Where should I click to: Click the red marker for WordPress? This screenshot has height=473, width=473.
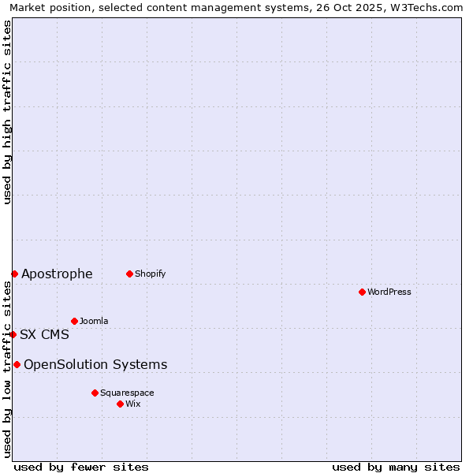[x=362, y=292]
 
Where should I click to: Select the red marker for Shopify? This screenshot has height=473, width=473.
[x=129, y=274]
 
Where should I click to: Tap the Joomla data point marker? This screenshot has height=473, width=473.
[x=74, y=321]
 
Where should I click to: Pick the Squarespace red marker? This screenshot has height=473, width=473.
[x=95, y=393]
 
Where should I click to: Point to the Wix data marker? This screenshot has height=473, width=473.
[x=120, y=404]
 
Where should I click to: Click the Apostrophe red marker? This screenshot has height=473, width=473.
[x=14, y=274]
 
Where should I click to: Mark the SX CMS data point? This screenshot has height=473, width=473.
[x=13, y=334]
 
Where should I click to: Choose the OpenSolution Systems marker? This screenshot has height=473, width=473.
[x=17, y=364]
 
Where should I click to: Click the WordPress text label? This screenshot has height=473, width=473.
[x=389, y=292]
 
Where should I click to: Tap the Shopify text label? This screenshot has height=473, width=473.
[x=150, y=274]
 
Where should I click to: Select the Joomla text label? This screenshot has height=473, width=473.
[x=94, y=321]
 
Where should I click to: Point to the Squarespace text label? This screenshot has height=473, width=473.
[x=127, y=393]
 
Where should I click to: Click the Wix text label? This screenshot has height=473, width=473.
[x=133, y=404]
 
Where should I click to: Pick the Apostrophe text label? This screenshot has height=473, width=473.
[x=57, y=274]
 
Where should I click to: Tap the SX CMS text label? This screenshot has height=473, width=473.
[x=44, y=334]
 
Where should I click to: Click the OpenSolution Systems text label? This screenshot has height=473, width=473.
[x=95, y=364]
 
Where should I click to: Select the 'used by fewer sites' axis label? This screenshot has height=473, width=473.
[x=81, y=467]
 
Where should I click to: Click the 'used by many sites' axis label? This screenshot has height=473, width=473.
[x=396, y=467]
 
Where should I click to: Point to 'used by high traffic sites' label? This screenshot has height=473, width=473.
[x=7, y=112]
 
